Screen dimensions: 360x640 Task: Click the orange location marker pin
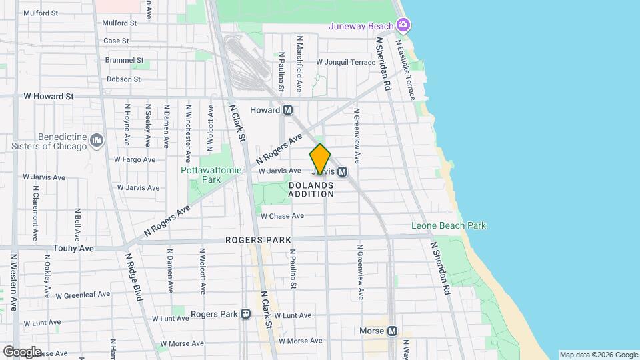(320, 159)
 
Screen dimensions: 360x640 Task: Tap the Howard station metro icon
(288, 110)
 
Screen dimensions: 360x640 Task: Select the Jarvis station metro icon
(343, 171)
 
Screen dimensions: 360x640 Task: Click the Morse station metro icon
(392, 331)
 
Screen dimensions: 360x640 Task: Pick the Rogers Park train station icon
(246, 314)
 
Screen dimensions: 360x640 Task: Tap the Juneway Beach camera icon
(402, 25)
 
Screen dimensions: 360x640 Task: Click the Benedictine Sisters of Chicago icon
(97, 141)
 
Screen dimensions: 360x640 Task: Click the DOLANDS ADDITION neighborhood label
(311, 189)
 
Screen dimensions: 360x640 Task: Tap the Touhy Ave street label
(73, 247)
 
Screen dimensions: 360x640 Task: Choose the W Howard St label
(48, 96)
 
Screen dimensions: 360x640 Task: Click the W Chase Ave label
(282, 216)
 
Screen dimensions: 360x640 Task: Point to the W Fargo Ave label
(134, 159)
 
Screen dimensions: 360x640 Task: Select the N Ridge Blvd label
(134, 276)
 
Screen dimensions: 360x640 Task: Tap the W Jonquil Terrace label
(346, 62)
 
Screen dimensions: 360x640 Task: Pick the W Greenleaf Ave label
(83, 295)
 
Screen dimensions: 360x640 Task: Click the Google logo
(22, 351)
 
